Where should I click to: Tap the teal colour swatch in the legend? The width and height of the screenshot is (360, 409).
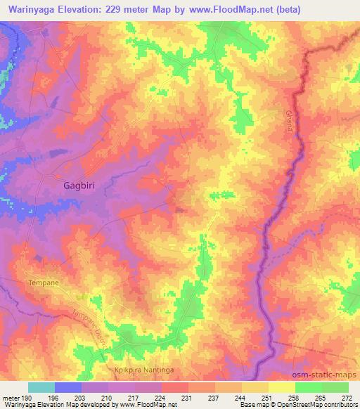[41, 387]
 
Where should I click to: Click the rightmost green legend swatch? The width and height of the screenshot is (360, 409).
[335, 387]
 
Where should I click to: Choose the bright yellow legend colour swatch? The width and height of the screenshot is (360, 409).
[282, 387]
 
